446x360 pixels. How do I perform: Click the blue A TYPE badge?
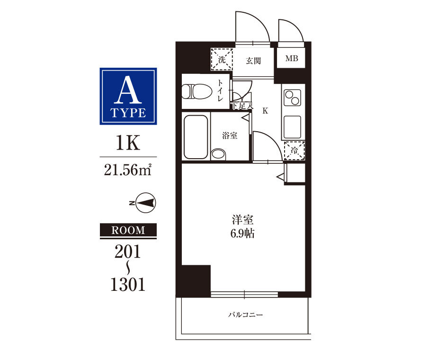(128, 96)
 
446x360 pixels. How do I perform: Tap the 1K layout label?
(128, 144)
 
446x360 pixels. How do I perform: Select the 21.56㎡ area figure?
(128, 170)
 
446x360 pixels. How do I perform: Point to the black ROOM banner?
(128, 230)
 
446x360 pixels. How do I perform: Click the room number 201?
(128, 252)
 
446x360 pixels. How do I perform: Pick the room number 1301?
(128, 284)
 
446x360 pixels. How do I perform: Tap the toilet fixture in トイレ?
(197, 91)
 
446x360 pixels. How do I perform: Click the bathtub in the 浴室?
(196, 137)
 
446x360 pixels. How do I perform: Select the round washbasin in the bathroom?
(218, 154)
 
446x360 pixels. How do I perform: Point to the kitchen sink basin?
(293, 126)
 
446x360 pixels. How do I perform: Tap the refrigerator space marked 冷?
(294, 150)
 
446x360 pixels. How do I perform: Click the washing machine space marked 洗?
(222, 60)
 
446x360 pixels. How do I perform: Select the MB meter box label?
(292, 58)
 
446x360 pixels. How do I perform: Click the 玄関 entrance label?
(253, 61)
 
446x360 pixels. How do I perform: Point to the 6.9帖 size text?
(242, 234)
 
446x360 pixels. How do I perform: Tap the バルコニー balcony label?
(245, 315)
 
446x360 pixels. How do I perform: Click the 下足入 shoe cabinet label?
(242, 106)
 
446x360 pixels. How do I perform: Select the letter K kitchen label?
(265, 111)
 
